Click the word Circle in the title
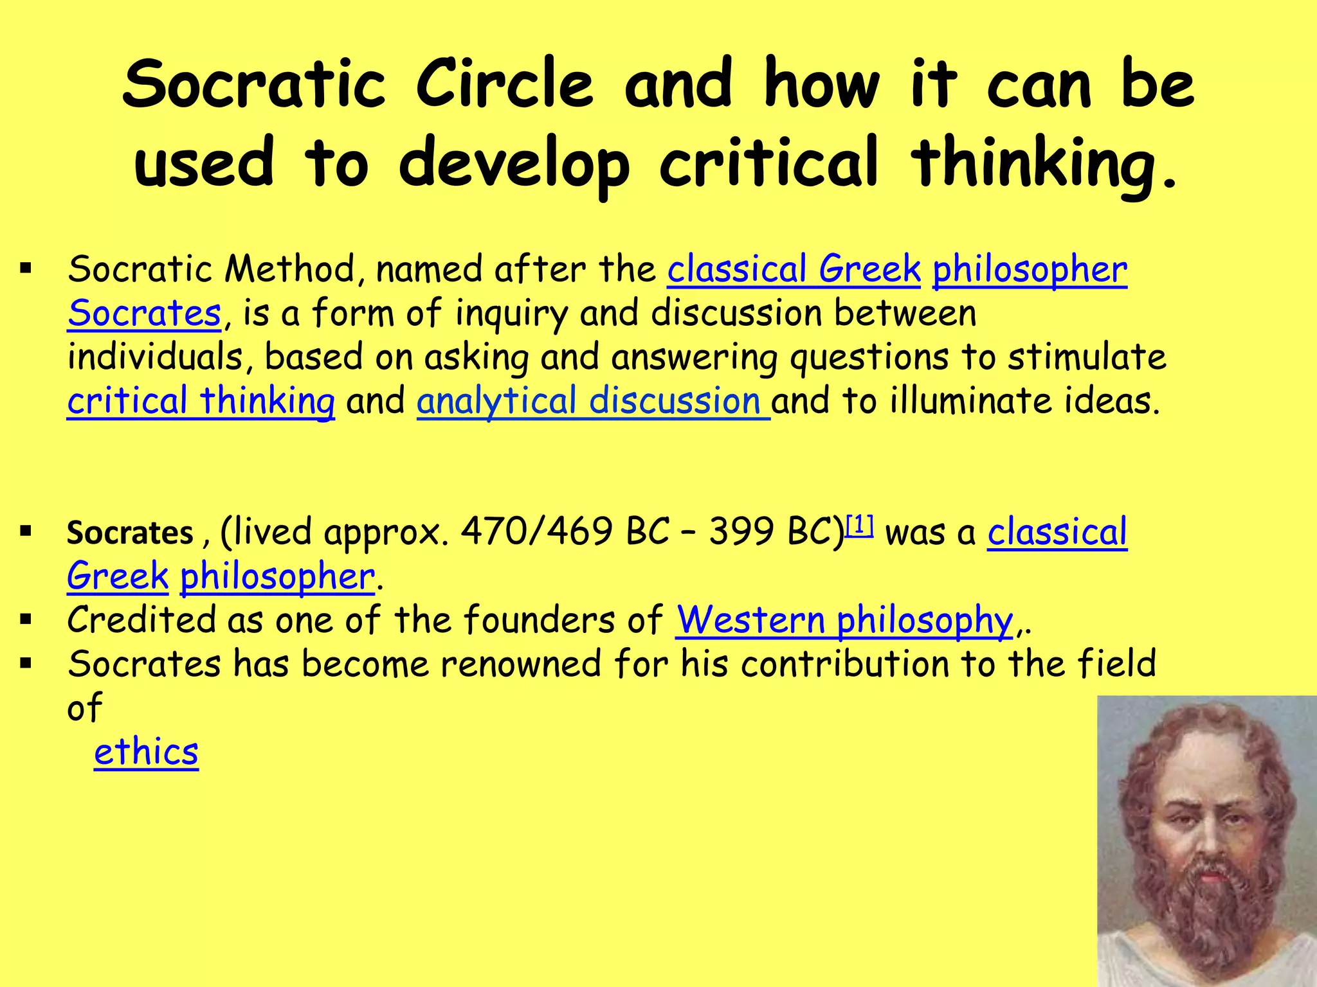point(504,85)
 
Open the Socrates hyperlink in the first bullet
point(144,314)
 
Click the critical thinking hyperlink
point(201,401)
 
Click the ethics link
point(146,752)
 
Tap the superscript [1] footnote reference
point(859,526)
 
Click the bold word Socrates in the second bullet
point(130,533)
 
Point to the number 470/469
point(536,532)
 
